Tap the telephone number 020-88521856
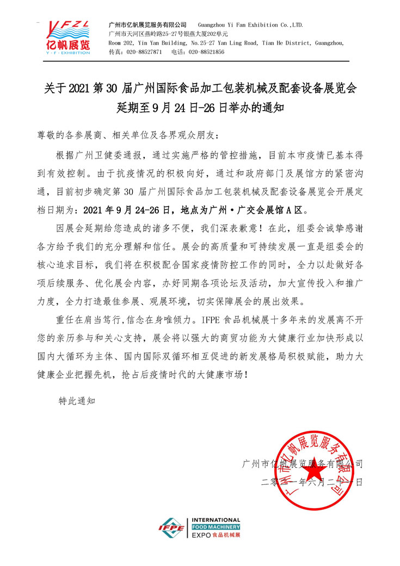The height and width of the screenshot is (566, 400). point(206,52)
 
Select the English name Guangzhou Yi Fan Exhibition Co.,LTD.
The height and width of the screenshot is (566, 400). point(250,25)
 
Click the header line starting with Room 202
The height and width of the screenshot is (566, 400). point(226,42)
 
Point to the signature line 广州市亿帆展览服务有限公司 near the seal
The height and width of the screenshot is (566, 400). point(302,464)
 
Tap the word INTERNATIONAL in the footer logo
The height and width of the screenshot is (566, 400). point(216,521)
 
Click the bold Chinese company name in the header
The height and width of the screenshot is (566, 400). point(147,25)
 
